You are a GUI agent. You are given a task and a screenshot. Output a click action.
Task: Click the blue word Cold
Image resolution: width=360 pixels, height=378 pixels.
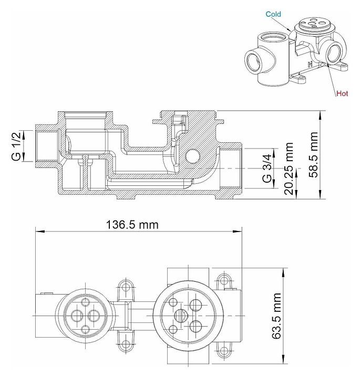(x=273, y=15)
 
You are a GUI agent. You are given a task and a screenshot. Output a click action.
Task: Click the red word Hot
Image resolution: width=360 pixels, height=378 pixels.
(x=342, y=93)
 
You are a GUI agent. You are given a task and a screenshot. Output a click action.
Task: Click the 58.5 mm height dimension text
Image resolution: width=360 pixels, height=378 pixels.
(x=314, y=155)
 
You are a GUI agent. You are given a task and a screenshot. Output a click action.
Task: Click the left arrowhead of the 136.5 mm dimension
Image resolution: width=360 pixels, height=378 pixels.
(x=38, y=230)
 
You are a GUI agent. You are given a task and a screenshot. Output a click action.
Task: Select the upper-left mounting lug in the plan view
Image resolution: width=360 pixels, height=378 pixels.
(x=125, y=287)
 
